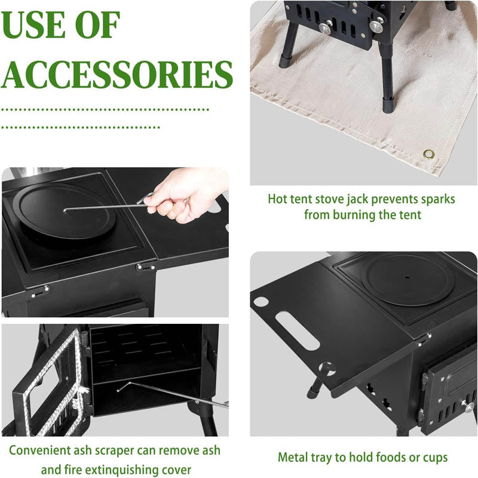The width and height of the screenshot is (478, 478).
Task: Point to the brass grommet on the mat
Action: point(428,154)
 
